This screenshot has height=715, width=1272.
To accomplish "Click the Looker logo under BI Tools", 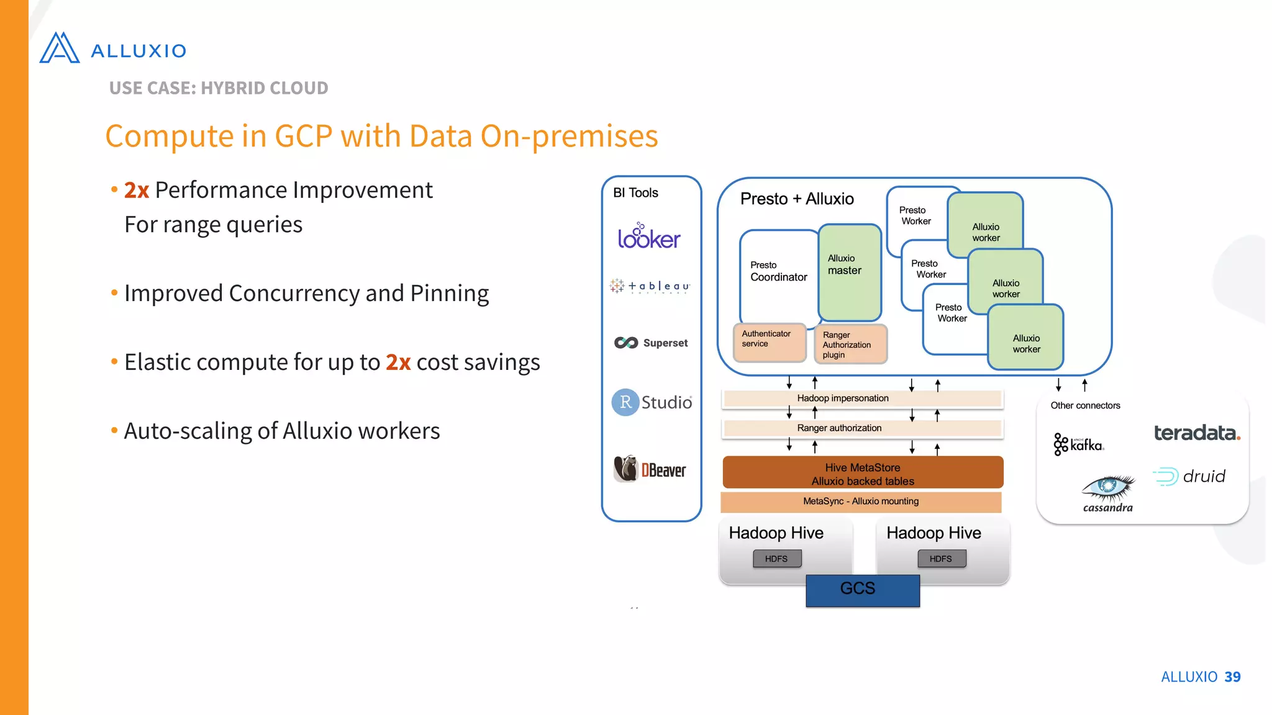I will [649, 237].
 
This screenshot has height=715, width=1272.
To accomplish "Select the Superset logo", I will [651, 343].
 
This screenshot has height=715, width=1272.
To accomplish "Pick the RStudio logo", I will [652, 402].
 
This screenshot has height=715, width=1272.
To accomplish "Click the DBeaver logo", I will [650, 469].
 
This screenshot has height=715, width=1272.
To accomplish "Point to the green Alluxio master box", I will [849, 273].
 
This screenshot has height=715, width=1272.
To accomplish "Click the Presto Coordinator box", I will [778, 273].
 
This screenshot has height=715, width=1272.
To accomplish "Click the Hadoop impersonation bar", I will [862, 398].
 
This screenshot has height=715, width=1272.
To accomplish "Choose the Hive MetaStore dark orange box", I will [862, 474].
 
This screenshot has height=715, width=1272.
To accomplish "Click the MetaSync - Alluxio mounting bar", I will [861, 501].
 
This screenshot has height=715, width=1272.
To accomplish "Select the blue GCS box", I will [862, 590].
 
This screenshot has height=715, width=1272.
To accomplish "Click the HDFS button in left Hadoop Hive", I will [776, 559].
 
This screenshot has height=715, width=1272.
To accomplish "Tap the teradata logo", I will [1196, 433].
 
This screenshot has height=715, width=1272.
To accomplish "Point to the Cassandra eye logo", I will [1108, 488].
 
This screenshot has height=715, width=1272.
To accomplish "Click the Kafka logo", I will [1078, 444].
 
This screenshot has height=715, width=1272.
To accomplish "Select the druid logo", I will [1189, 477].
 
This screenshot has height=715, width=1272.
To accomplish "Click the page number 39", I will [1232, 677].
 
